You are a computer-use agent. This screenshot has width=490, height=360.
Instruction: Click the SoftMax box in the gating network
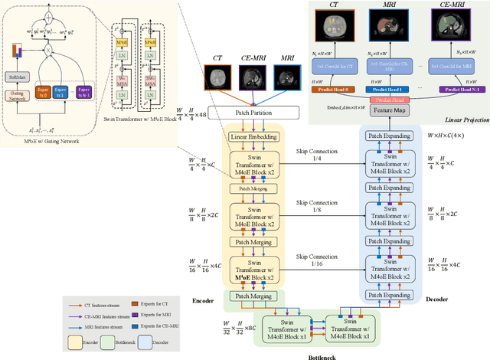[x=16, y=77]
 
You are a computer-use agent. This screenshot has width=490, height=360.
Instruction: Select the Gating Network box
[x=16, y=96]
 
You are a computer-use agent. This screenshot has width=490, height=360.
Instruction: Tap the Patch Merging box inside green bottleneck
[x=253, y=296]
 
